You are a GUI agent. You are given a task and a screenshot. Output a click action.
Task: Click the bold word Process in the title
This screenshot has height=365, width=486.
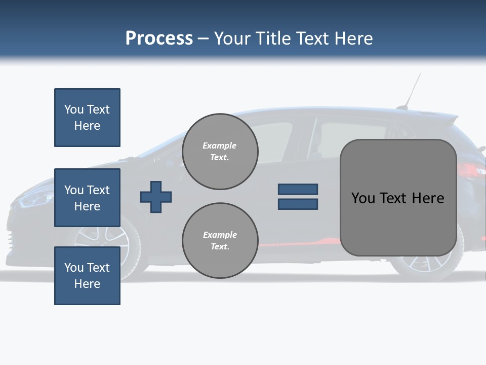(159, 39)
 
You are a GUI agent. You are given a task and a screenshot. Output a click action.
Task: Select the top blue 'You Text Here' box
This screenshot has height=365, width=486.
(87, 118)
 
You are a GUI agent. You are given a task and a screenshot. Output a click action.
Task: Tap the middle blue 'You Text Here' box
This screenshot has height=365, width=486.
(87, 198)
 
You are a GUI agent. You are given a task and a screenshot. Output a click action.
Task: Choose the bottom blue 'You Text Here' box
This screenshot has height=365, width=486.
(87, 276)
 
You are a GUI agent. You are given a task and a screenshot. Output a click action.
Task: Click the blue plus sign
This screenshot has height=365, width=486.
(156, 197)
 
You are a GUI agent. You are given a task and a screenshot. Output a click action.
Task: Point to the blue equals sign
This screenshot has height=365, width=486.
(298, 197)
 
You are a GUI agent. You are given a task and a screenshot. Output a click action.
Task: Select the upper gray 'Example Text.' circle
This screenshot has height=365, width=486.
(220, 152)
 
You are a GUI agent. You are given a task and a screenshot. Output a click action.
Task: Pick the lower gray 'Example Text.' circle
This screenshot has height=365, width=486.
(220, 241)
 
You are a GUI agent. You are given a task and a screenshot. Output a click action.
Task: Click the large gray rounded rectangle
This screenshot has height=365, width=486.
(398, 198)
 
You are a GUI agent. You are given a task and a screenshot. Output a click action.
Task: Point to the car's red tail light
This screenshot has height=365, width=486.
(471, 170)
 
